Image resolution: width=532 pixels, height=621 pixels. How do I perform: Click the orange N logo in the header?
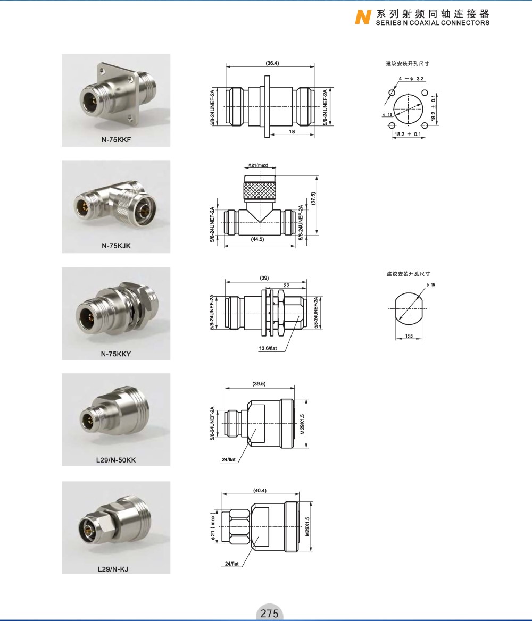coord(363,17)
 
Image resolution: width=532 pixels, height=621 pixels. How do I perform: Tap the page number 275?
coord(270,613)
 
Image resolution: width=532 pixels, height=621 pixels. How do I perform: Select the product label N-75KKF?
coord(116,139)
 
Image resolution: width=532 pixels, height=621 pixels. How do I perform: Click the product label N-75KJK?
coord(116,246)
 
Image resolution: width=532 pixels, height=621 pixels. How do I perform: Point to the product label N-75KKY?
coord(116,354)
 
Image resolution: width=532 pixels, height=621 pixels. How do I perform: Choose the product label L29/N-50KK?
coord(116,460)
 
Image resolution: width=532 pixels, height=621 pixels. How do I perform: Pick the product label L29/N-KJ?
coord(113,569)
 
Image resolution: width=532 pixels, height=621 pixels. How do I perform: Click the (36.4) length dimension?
coord(272,63)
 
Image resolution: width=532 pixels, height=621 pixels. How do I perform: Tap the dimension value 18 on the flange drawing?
coord(292,131)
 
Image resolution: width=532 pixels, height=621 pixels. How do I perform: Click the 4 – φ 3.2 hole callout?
coord(411,78)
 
